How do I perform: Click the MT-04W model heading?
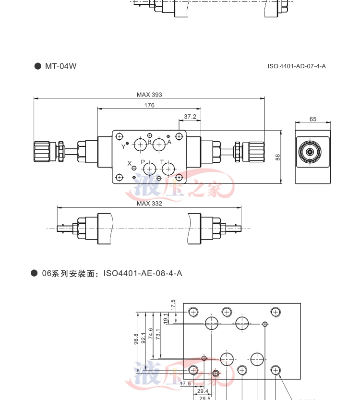[x=60, y=66]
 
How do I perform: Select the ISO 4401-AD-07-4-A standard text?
[x=297, y=66]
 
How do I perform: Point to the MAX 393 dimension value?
[x=149, y=95]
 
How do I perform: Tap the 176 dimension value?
[x=149, y=105]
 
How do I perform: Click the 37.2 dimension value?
[x=190, y=117]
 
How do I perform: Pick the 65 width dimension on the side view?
[x=313, y=119]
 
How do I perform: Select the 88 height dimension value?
[x=278, y=157]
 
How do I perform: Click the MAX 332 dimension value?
[x=149, y=204]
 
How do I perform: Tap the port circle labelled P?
[x=149, y=169]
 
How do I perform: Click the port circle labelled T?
[x=168, y=169]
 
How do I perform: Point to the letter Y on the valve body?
[x=123, y=146]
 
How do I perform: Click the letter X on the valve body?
[x=129, y=163]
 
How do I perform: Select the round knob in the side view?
[x=310, y=152]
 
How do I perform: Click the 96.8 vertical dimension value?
[x=136, y=339]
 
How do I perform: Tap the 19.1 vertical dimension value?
[x=166, y=317]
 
